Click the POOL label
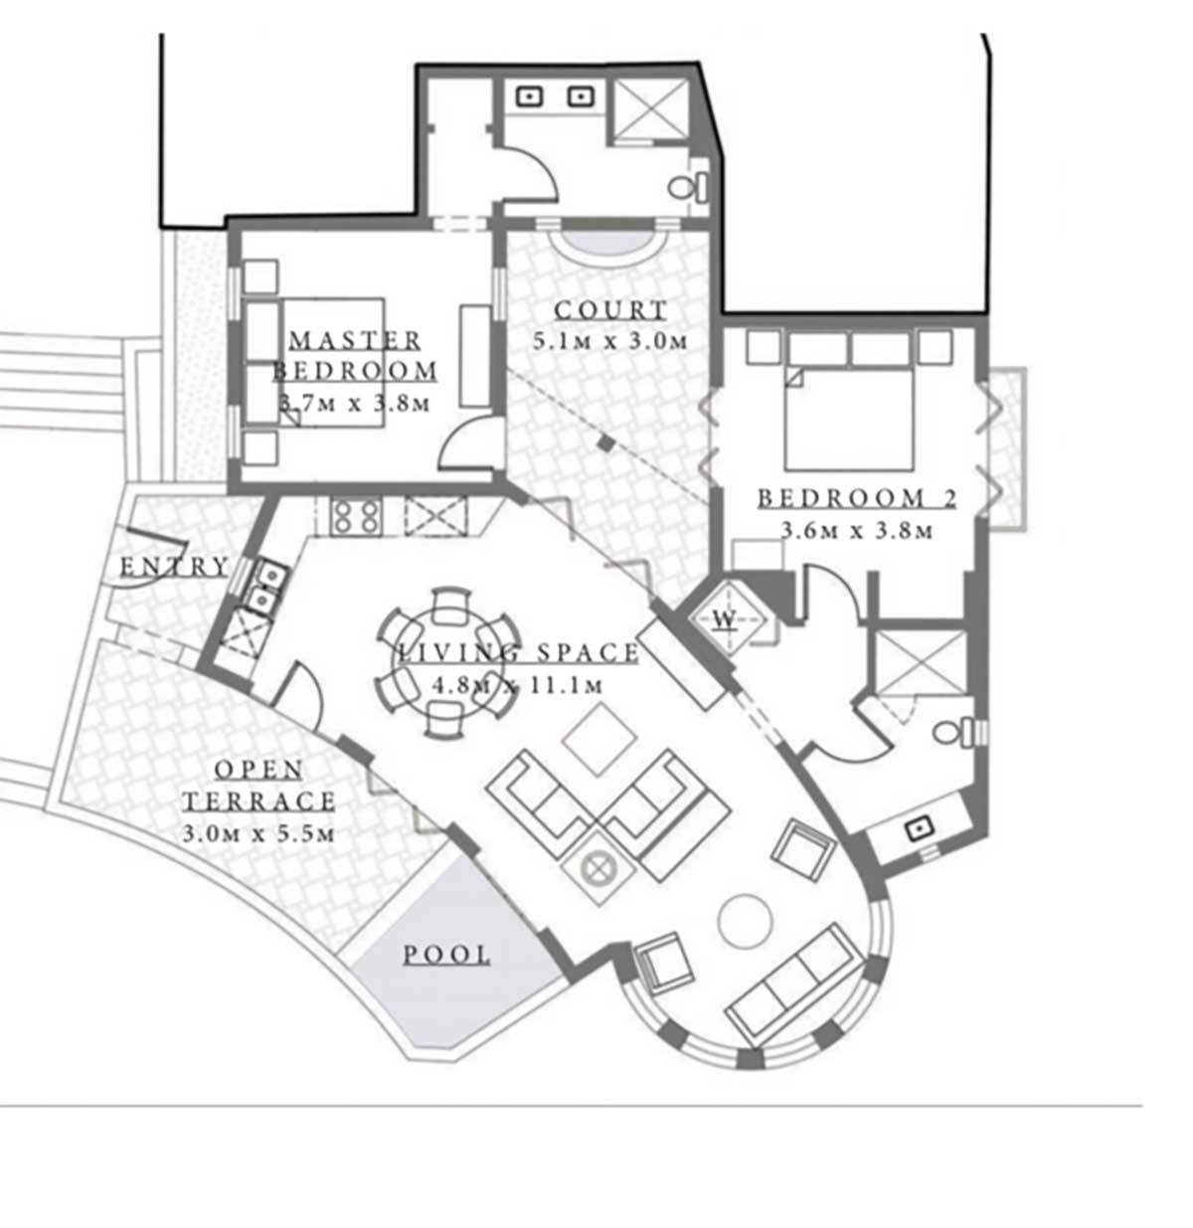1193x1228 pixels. [446, 955]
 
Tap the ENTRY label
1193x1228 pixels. [174, 567]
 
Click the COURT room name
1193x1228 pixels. [610, 310]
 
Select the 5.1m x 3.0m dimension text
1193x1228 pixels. [610, 341]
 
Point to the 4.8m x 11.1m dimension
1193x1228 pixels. [517, 685]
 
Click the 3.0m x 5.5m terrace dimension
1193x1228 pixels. [258, 833]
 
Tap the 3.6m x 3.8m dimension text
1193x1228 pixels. [857, 531]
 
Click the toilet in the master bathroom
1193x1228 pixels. [688, 187]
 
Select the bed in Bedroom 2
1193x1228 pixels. [849, 417]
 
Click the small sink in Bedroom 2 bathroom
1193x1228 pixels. [920, 828]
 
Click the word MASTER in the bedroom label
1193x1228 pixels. [355, 341]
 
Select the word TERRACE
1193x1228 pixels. [259, 800]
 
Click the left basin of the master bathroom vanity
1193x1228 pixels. [530, 96]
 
